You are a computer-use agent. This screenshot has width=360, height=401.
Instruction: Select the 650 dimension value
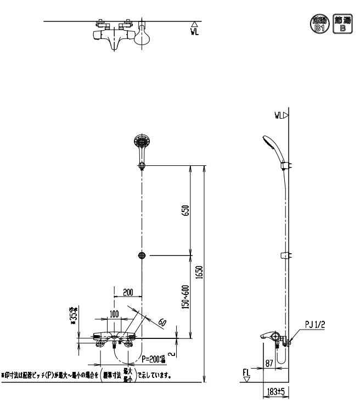pyautogui.click(x=186, y=210)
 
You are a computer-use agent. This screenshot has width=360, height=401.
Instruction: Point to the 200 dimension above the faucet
pyautogui.click(x=128, y=292)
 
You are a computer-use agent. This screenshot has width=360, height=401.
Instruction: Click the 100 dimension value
pyautogui.click(x=114, y=314)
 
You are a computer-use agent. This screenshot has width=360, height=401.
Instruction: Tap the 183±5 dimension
pyautogui.click(x=271, y=392)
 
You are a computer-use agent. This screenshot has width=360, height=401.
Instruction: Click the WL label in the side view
pyautogui.click(x=279, y=115)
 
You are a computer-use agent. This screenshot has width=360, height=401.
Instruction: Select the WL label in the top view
pyautogui.click(x=194, y=31)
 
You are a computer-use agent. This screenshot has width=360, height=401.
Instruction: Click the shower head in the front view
pyautogui.click(x=141, y=144)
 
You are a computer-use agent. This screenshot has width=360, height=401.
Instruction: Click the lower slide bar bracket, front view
pyautogui.click(x=142, y=255)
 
